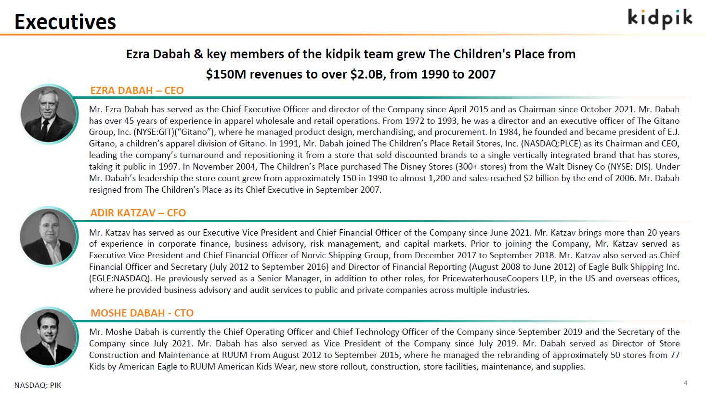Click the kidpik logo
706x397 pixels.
pyautogui.click(x=660, y=18)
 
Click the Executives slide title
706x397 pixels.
pyautogui.click(x=65, y=22)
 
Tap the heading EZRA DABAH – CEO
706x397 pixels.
pyautogui.click(x=137, y=91)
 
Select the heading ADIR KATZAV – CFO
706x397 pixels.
pyautogui.click(x=138, y=213)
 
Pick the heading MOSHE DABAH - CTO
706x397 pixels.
pyautogui.click(x=142, y=313)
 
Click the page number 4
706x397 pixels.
pyautogui.click(x=685, y=383)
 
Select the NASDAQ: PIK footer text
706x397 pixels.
pyautogui.click(x=38, y=385)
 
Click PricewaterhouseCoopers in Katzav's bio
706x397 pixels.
pyautogui.click(x=482, y=278)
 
